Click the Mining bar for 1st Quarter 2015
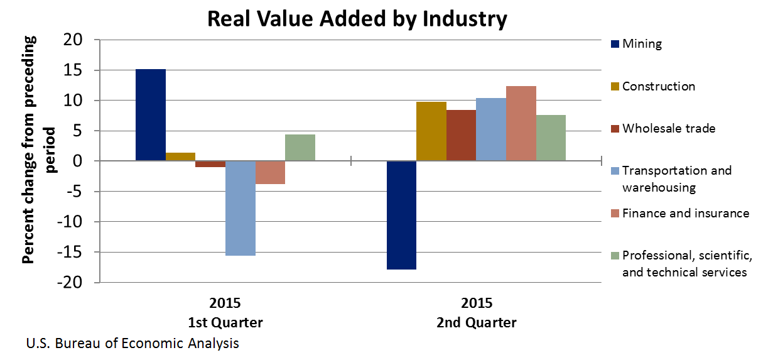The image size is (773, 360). tap(151, 115)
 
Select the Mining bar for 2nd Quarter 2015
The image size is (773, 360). tap(401, 215)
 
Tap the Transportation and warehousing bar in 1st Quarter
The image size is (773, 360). tap(241, 208)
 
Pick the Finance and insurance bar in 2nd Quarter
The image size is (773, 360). tap(521, 124)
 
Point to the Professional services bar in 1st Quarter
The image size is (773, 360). tap(300, 148)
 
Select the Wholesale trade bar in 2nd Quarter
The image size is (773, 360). tap(461, 136)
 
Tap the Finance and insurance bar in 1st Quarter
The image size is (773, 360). tap(270, 172)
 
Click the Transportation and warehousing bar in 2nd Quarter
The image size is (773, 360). tap(491, 129)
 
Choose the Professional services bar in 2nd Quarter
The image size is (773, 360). tap(551, 138)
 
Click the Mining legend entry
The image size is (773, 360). tap(641, 44)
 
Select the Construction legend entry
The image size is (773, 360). tap(658, 86)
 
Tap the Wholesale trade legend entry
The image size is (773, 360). tap(668, 128)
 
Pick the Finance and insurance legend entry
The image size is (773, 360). tap(685, 213)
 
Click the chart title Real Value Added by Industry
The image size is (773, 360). tap(356, 19)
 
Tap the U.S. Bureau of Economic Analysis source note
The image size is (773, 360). tap(132, 344)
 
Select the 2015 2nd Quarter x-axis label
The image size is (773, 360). tap(477, 313)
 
